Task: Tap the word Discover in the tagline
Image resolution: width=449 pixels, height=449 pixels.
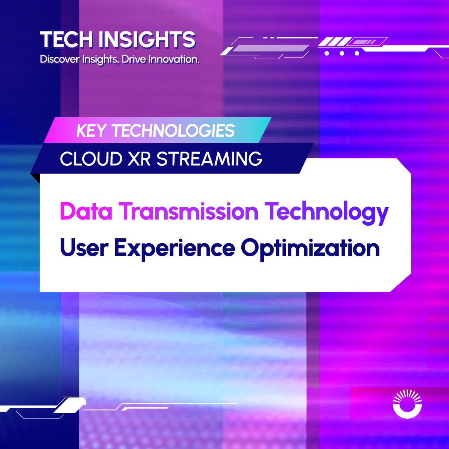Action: point(59,59)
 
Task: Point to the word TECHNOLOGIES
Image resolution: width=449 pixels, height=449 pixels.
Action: point(173,131)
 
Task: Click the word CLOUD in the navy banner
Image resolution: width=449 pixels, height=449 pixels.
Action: point(91,159)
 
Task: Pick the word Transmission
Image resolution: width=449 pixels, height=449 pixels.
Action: point(189,211)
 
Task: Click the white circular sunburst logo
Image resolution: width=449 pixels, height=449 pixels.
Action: point(407,404)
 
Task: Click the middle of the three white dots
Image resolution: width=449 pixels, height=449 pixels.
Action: point(342,54)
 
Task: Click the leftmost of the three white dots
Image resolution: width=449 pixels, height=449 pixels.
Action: point(327,54)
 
